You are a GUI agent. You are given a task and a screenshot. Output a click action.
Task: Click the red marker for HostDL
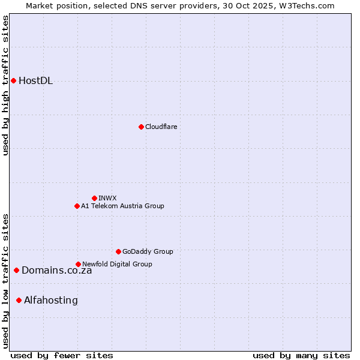tap(13, 80)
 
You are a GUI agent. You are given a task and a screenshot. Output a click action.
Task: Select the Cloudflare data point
tap(141, 127)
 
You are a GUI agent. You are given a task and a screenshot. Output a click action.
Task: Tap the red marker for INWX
tap(94, 198)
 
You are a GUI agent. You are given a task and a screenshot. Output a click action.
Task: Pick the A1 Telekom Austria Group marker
tap(77, 206)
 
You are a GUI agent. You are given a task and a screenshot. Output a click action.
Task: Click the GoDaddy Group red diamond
tap(118, 251)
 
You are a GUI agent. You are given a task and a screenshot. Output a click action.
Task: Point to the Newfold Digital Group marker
tap(78, 264)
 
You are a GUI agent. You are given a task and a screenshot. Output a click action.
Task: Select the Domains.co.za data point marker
tap(16, 270)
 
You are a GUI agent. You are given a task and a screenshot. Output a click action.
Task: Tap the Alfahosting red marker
tap(19, 300)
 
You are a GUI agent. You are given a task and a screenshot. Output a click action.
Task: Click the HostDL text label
tap(36, 81)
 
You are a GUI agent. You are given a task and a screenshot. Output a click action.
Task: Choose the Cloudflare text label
tap(161, 127)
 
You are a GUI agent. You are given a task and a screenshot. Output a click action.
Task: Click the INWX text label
tap(107, 198)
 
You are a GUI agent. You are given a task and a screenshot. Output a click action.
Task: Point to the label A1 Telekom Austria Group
tap(122, 206)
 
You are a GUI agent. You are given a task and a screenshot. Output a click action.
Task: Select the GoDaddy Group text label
tap(148, 251)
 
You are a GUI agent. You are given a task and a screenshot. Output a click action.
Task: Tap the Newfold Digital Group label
tap(117, 264)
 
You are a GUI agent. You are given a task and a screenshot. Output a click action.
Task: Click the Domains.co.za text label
tap(57, 271)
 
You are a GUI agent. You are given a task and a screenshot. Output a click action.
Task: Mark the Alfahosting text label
tap(51, 301)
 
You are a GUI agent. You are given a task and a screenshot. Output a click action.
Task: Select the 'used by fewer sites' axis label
tap(62, 355)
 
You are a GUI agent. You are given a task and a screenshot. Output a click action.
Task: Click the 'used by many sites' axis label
tap(301, 355)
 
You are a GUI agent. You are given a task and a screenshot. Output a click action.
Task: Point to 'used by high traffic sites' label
tap(6, 85)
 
